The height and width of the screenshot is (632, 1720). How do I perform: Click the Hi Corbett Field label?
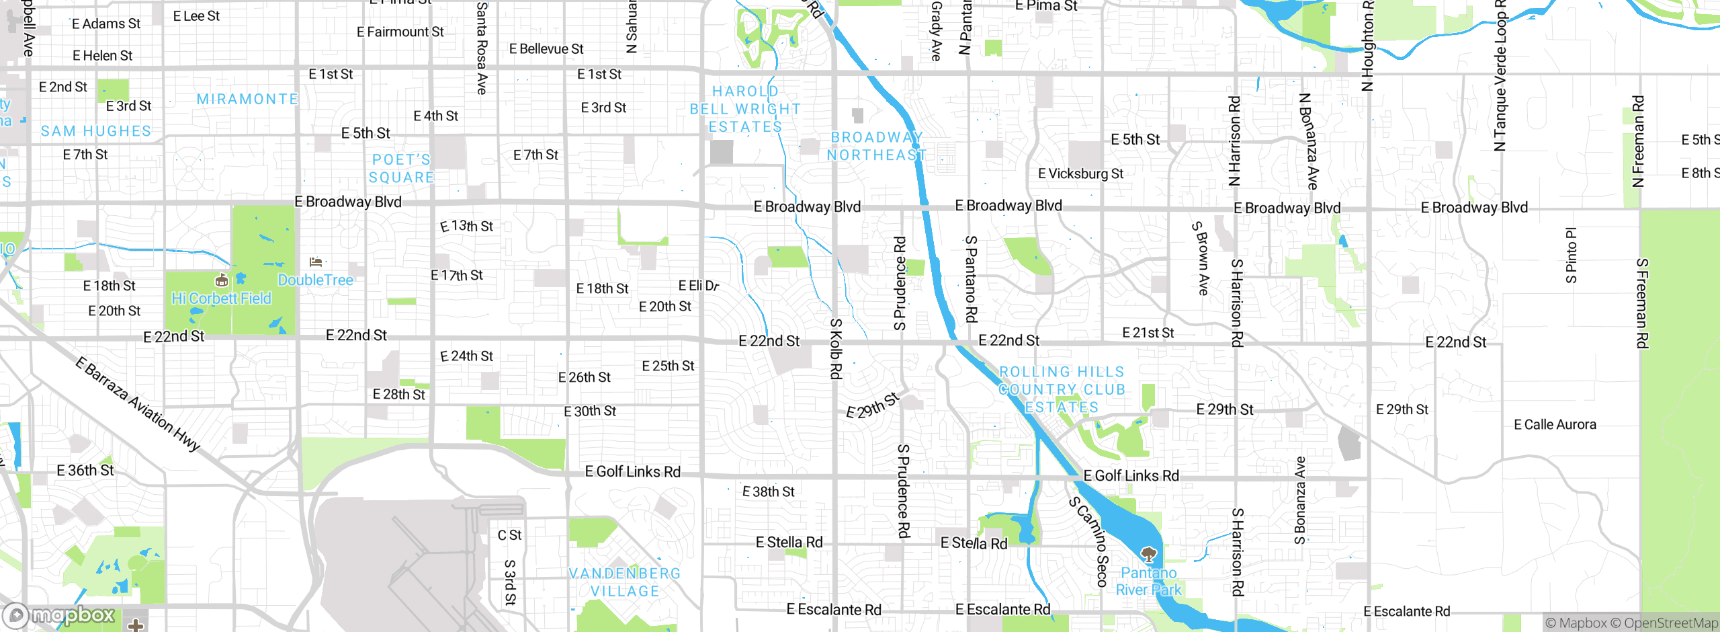click(221, 299)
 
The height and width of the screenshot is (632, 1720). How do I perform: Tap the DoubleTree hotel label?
click(315, 280)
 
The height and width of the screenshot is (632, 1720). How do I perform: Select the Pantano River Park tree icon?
click(1148, 555)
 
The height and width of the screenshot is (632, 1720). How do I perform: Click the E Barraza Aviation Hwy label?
click(138, 404)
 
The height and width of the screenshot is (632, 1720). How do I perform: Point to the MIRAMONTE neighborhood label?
click(247, 100)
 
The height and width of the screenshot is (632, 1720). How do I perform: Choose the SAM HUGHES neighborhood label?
click(96, 131)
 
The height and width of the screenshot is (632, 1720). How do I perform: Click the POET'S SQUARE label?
click(402, 169)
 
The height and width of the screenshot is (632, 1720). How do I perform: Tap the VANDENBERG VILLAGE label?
click(625, 582)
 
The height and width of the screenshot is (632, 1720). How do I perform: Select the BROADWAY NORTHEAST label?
click(876, 146)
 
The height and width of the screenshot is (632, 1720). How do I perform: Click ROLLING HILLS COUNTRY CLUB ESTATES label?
click(1062, 389)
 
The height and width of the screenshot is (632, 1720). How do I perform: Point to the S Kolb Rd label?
click(836, 348)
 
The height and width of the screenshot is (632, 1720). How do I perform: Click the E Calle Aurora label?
click(1555, 424)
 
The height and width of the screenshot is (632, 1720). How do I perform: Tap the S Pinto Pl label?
click(1571, 255)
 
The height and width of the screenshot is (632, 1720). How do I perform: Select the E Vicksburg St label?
click(1080, 173)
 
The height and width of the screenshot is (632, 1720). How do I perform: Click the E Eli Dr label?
click(698, 286)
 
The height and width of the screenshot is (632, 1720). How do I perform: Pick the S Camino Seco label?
click(1088, 541)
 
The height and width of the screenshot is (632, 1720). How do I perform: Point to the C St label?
click(509, 535)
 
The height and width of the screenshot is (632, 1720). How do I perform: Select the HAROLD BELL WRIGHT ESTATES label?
click(745, 109)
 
